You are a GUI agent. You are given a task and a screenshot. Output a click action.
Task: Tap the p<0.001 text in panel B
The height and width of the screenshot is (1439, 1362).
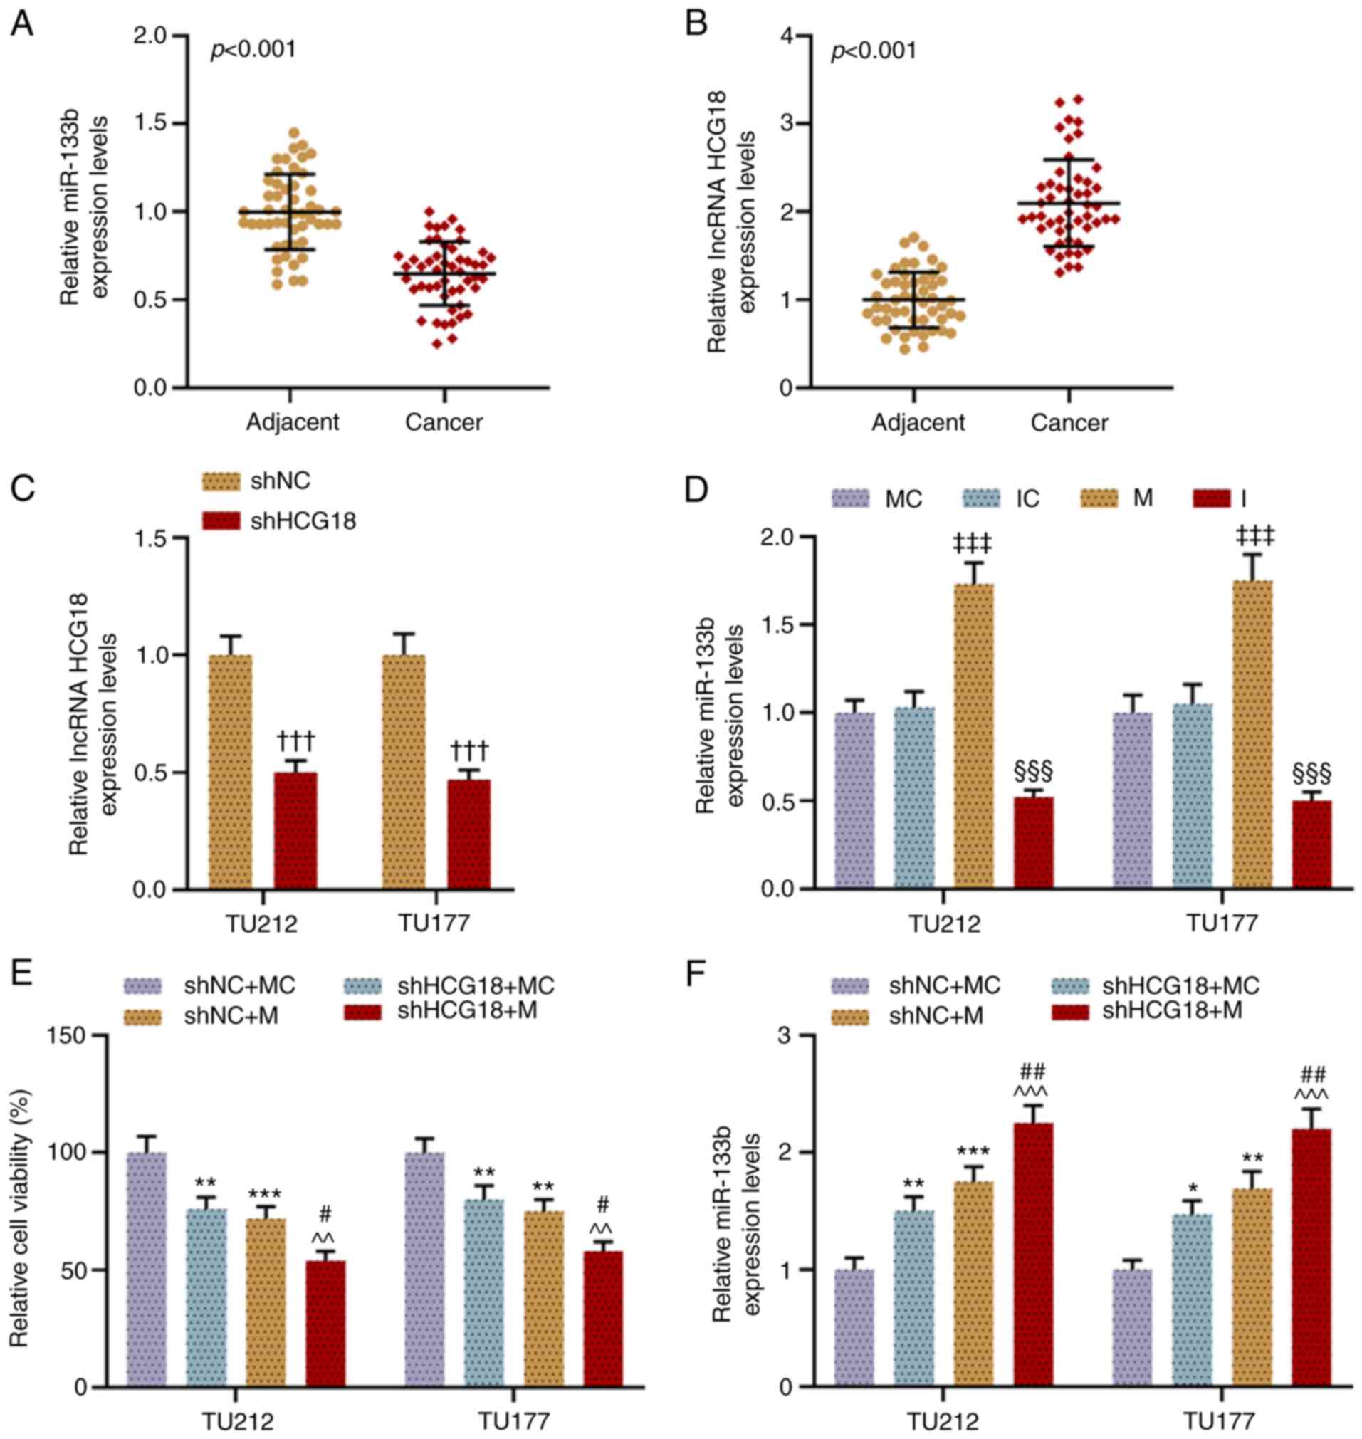click(874, 51)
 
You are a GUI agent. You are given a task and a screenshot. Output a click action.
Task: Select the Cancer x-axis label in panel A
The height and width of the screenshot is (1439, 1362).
click(444, 422)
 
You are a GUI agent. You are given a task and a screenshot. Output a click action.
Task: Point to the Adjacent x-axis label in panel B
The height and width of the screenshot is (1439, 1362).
click(918, 422)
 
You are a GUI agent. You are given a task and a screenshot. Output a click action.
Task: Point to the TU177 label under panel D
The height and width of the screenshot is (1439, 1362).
click(1222, 923)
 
